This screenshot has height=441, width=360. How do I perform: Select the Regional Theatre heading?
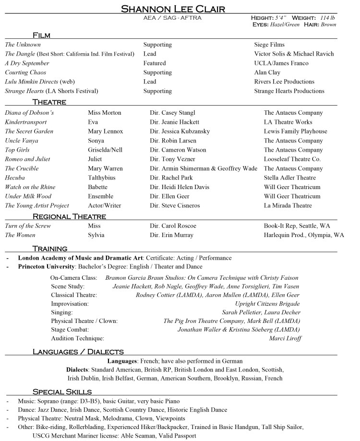69,216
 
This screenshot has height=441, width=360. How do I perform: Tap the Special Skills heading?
62,392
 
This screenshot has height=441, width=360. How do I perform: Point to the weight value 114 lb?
327,18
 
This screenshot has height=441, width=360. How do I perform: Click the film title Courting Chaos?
25,72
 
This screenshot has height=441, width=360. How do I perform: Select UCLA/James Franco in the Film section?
281,63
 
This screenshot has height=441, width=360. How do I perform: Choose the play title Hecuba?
15,178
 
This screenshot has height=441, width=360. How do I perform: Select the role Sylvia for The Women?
96,235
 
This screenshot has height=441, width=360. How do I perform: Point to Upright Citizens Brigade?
267,304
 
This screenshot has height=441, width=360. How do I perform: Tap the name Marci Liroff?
285,338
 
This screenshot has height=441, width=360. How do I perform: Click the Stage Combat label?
70,330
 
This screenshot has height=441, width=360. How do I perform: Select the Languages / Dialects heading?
78,352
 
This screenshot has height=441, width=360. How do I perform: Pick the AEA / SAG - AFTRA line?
172,18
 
